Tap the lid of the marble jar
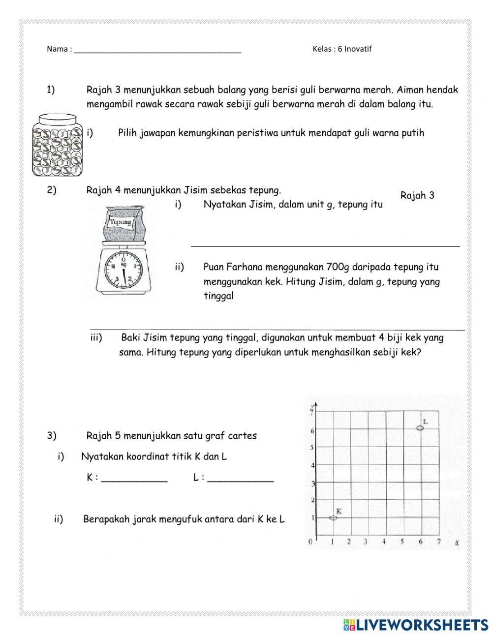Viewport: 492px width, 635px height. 58,119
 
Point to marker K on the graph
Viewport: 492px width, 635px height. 333,517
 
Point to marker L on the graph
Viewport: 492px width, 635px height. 420,428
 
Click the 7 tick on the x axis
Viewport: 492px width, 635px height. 439,542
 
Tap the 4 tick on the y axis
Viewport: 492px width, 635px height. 311,465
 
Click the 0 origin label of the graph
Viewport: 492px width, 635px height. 310,542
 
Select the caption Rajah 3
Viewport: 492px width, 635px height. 417,195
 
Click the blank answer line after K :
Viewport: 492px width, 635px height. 134,480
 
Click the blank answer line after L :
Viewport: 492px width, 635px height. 241,480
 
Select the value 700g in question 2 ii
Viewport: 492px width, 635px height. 338,267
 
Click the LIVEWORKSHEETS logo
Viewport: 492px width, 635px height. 416,624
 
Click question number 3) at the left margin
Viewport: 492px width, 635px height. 52,435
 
